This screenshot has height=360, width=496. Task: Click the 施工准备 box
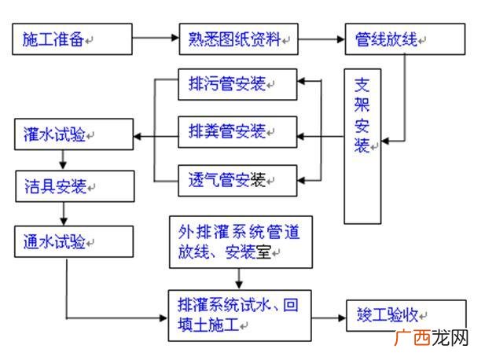[x=72, y=39]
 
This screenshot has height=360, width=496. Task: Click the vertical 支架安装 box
[x=362, y=146]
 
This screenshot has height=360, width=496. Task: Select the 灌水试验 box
[x=73, y=135]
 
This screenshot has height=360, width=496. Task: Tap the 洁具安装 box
[x=73, y=187]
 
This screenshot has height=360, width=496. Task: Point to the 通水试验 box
[x=73, y=241]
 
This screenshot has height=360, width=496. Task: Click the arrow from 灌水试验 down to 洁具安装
[x=62, y=160]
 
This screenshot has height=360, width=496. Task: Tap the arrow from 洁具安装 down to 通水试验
[x=62, y=214]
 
